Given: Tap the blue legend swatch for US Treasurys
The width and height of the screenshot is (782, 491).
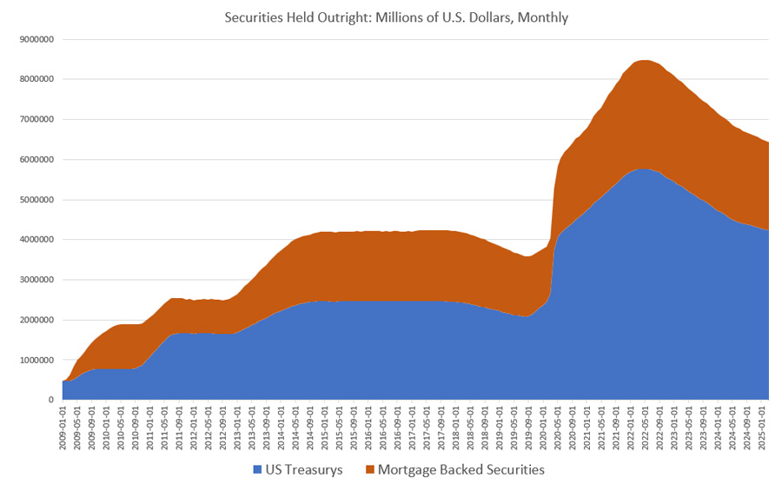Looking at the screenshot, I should click(256, 470).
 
